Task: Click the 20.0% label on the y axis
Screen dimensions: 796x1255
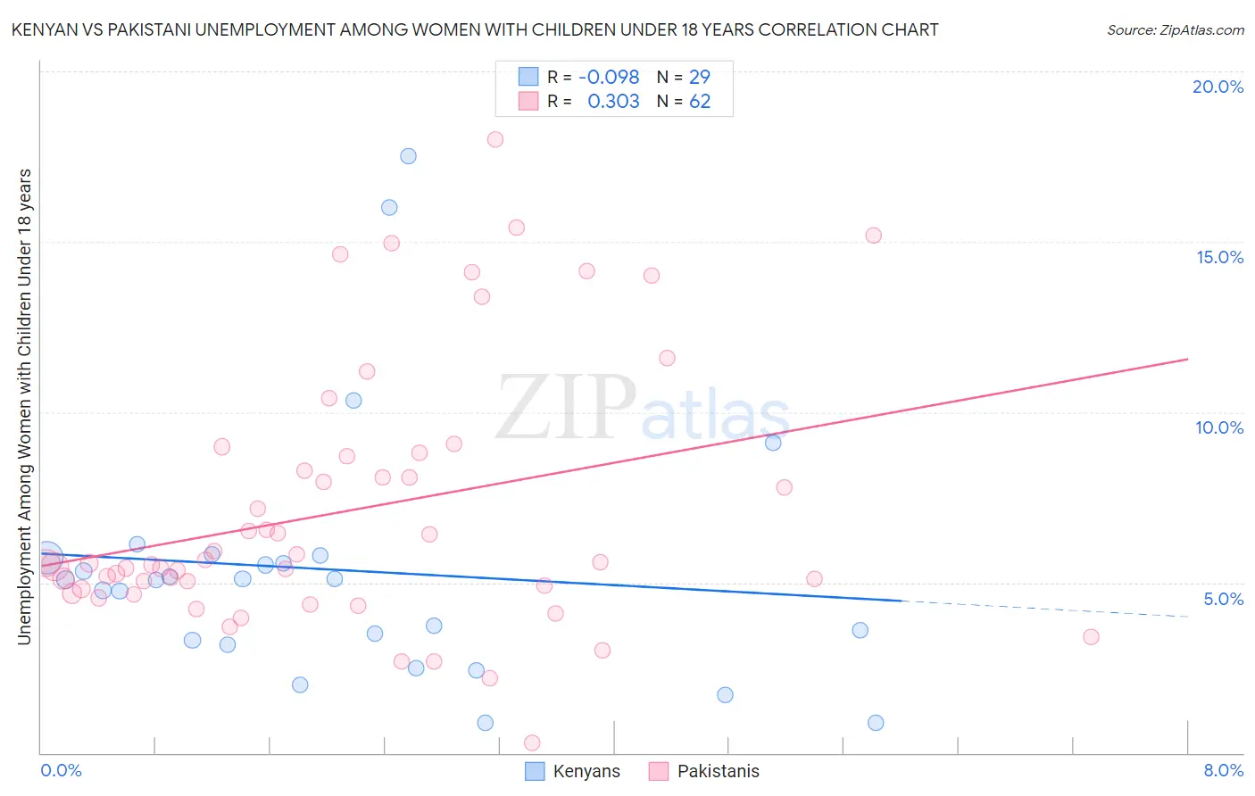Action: [x=1218, y=87]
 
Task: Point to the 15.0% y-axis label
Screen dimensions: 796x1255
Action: [x=1219, y=257]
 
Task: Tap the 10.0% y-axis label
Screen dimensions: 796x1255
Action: [x=1219, y=427]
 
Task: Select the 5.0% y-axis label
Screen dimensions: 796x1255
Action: [x=1223, y=599]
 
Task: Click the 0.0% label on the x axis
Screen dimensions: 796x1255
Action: [x=61, y=770]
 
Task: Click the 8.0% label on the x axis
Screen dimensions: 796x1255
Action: [x=1223, y=770]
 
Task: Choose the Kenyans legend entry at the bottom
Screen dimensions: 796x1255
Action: [x=572, y=771]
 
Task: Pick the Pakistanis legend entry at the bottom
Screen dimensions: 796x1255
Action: [x=704, y=771]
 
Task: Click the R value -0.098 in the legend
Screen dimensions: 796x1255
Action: [x=609, y=78]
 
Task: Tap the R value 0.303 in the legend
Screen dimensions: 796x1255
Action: [x=613, y=102]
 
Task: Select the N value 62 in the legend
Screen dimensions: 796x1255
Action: [x=700, y=102]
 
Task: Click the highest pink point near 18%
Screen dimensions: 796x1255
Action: [x=495, y=139]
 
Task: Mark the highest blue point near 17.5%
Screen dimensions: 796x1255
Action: [x=408, y=156]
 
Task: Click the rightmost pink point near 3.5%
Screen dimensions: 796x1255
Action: [x=1091, y=637]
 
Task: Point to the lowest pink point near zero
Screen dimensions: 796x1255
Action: [x=532, y=742]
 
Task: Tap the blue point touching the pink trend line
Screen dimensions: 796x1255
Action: [x=773, y=443]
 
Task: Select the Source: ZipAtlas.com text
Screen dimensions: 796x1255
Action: [x=1175, y=30]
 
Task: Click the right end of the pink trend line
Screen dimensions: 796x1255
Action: [x=1187, y=359]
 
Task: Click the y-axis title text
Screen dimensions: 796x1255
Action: [x=24, y=406]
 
